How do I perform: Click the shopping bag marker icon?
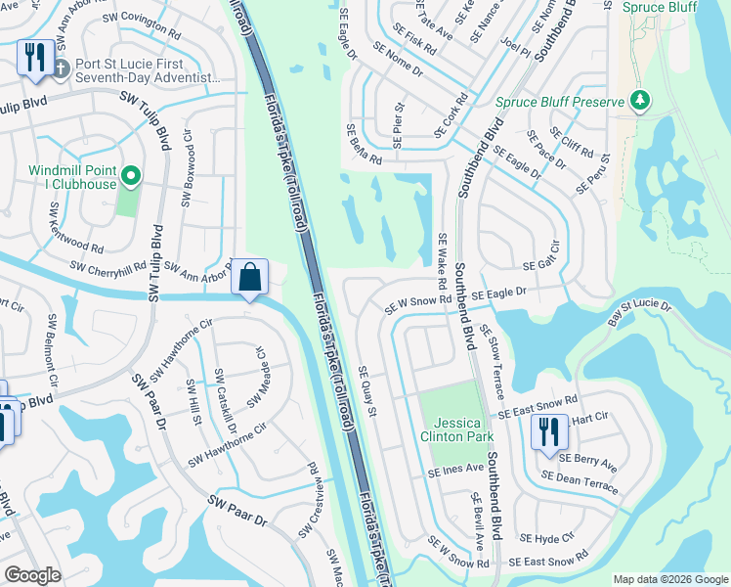(250, 277)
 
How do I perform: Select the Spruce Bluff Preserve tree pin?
(640, 100)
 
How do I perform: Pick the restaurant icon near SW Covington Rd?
(35, 56)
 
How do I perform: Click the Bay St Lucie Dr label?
(639, 312)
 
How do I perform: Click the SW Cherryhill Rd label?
(108, 266)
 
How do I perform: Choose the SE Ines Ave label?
(454, 470)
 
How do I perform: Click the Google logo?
(32, 575)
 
